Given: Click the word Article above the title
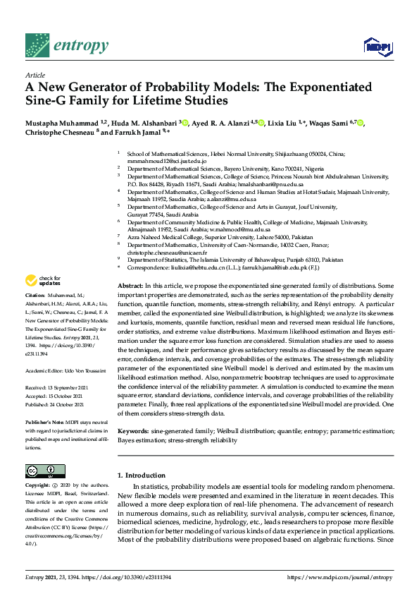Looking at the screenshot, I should point(35,74).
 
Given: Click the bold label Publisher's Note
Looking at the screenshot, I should point(46,420).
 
